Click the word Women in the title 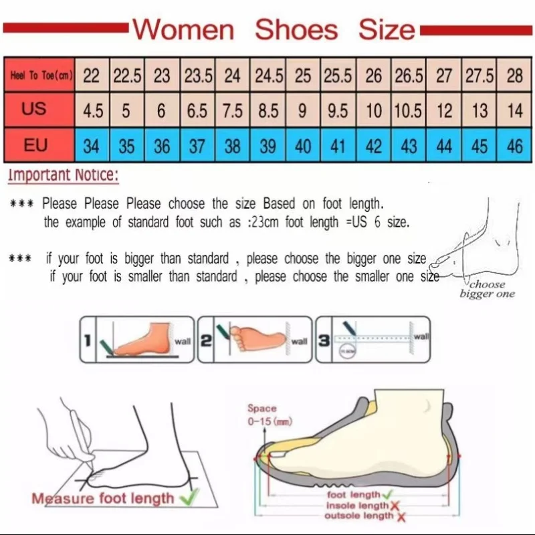click(183, 30)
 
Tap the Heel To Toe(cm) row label click(41, 76)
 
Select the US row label click(34, 109)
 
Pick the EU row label click(35, 145)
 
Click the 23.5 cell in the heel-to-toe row click(198, 76)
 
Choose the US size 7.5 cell click(232, 111)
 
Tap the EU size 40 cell click(303, 146)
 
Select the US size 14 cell click(514, 111)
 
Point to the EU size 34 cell click(92, 146)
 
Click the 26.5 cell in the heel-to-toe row click(408, 76)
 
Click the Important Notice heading click(64, 176)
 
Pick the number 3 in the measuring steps click(324, 341)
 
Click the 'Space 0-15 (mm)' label click(262, 415)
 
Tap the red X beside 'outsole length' click(401, 516)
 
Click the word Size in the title click(386, 30)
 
